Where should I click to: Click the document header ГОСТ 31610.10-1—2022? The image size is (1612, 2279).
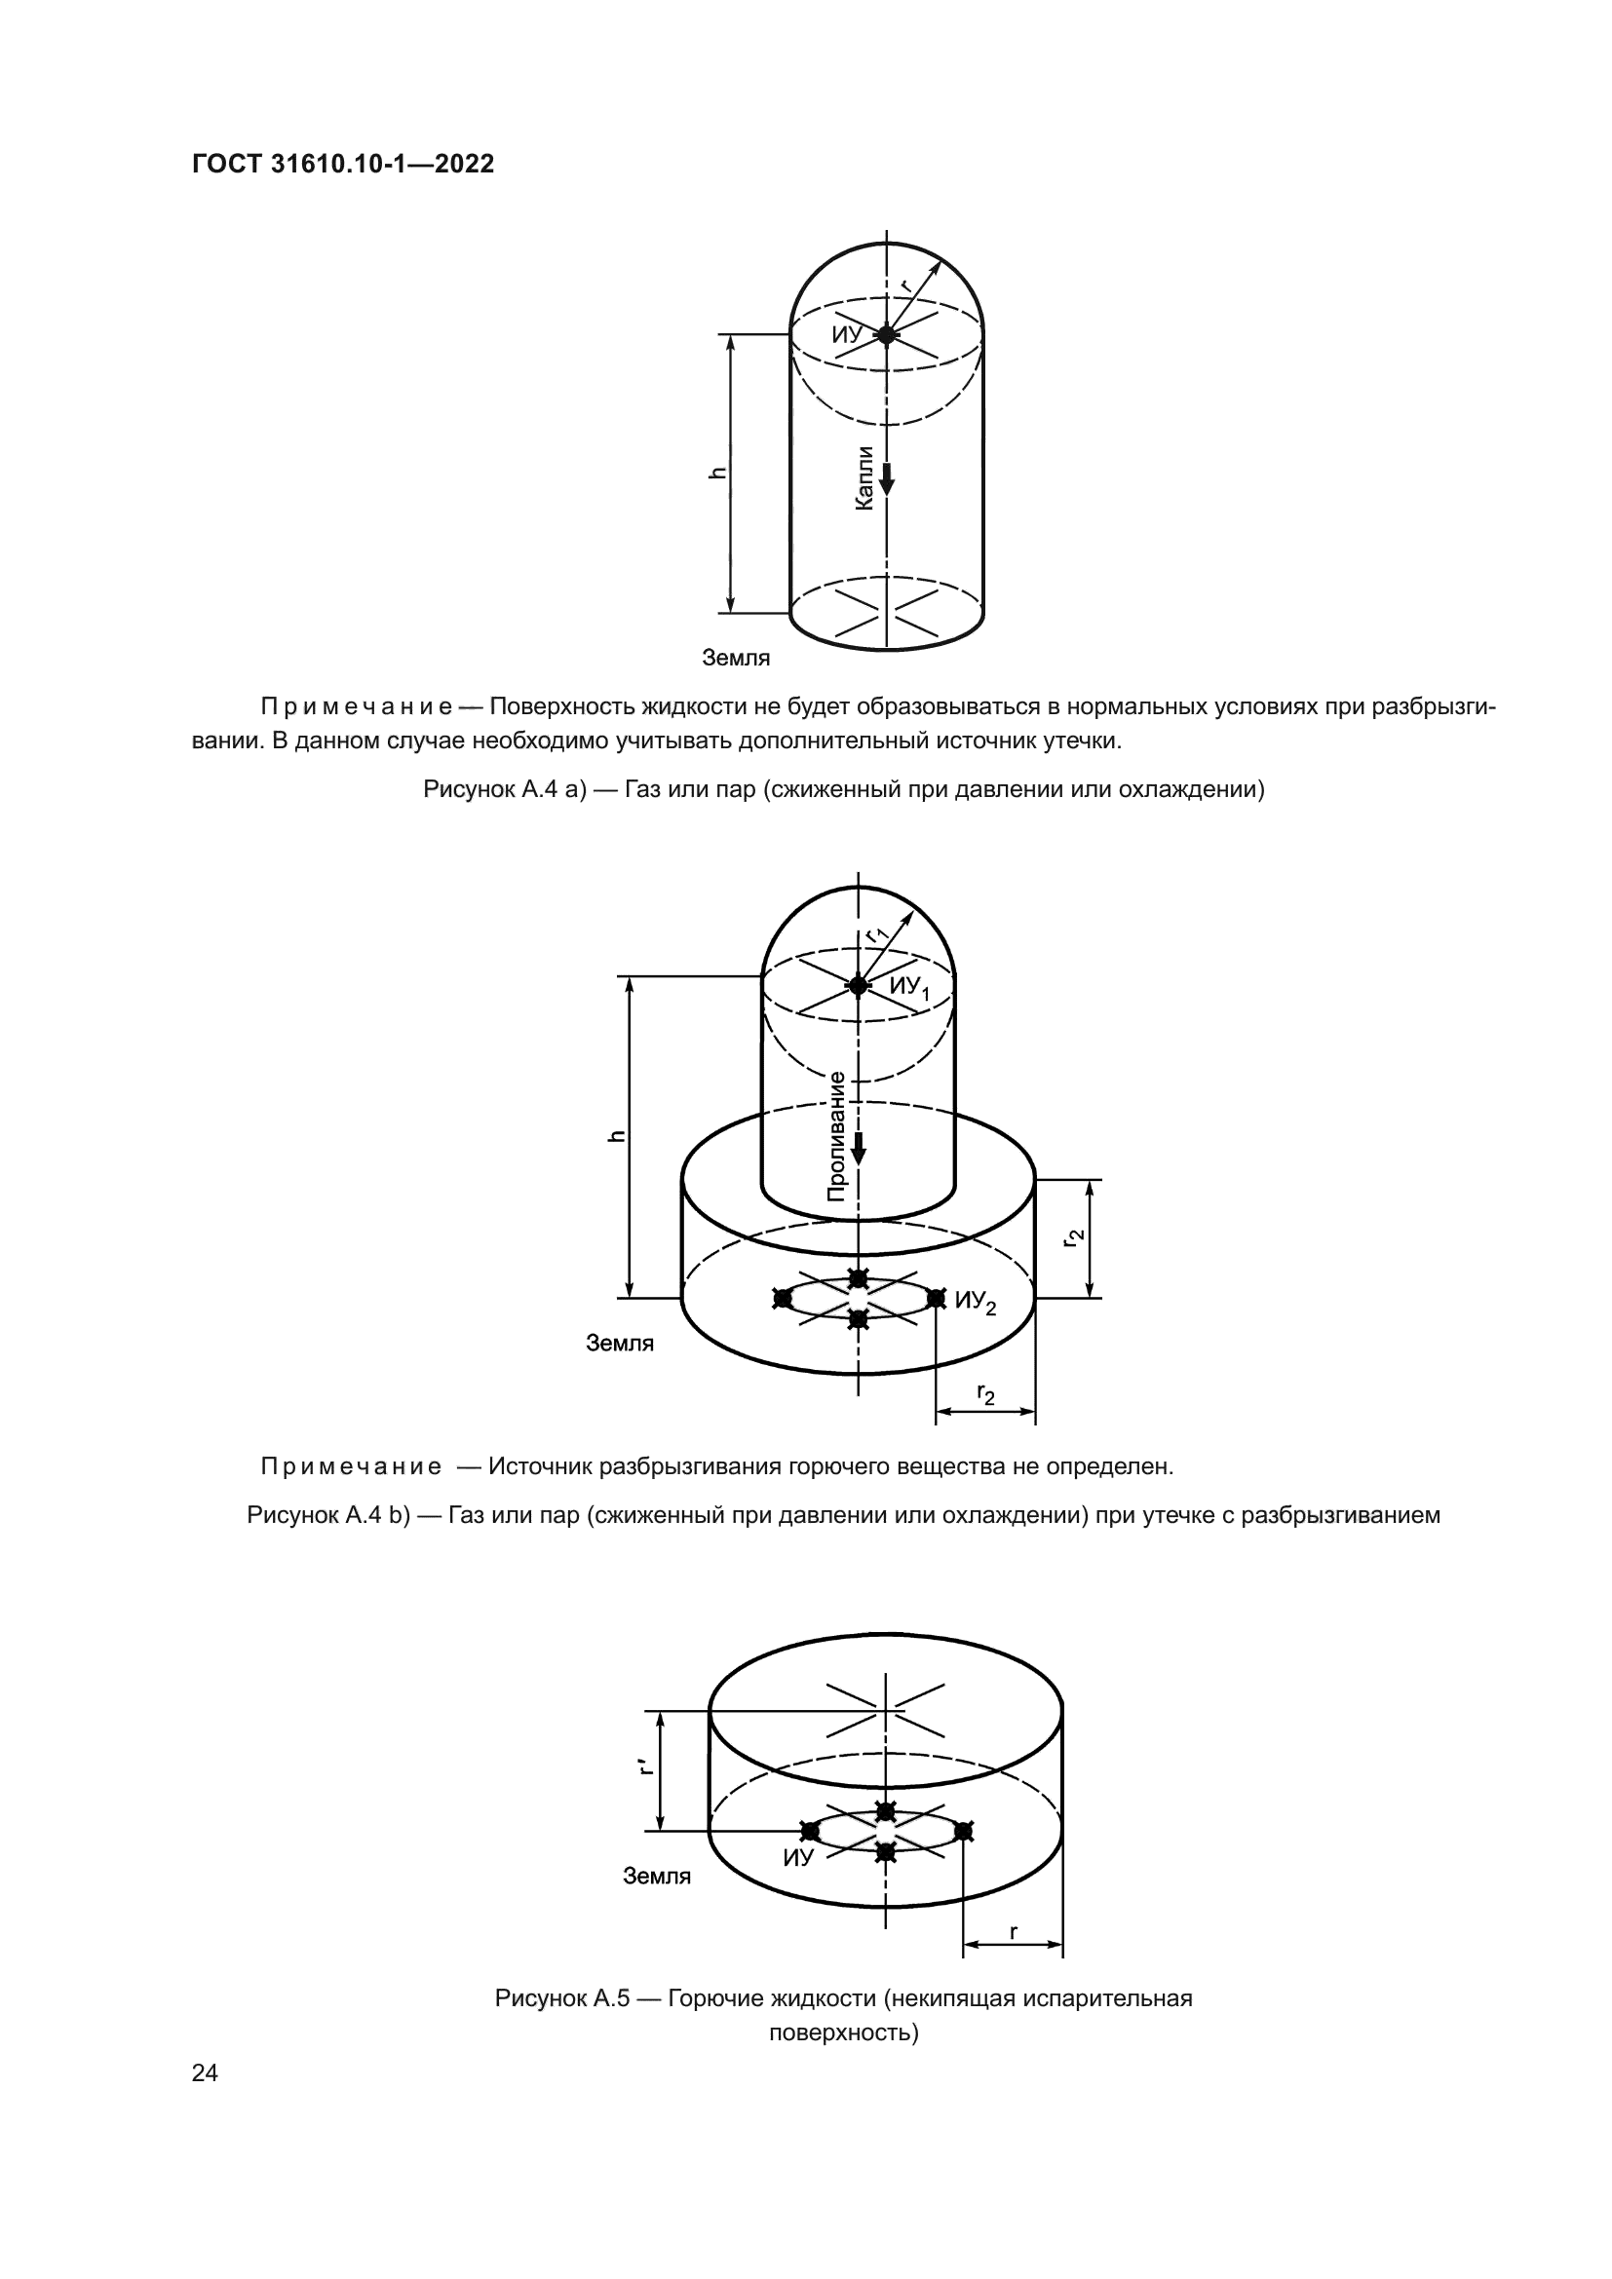[x=342, y=164]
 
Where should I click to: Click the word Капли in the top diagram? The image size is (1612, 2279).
[x=864, y=478]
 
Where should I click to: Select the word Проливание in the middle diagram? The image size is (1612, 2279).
[x=837, y=1137]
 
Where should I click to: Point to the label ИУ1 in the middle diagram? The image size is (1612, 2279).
[x=908, y=988]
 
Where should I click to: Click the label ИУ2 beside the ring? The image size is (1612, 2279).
[x=975, y=1303]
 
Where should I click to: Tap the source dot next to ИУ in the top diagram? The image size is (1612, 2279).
[x=886, y=334]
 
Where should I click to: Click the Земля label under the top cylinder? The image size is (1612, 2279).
[x=736, y=657]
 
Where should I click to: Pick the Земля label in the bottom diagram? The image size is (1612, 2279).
[x=656, y=1876]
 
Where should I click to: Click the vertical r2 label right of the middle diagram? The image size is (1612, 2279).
[x=1073, y=1237]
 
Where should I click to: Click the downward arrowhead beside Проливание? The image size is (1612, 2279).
[x=859, y=1154]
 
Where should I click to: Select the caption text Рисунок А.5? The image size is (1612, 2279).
[x=561, y=1998]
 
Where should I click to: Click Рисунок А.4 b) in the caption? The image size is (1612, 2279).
[x=328, y=1515]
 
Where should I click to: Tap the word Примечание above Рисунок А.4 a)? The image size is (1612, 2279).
[x=357, y=706]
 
